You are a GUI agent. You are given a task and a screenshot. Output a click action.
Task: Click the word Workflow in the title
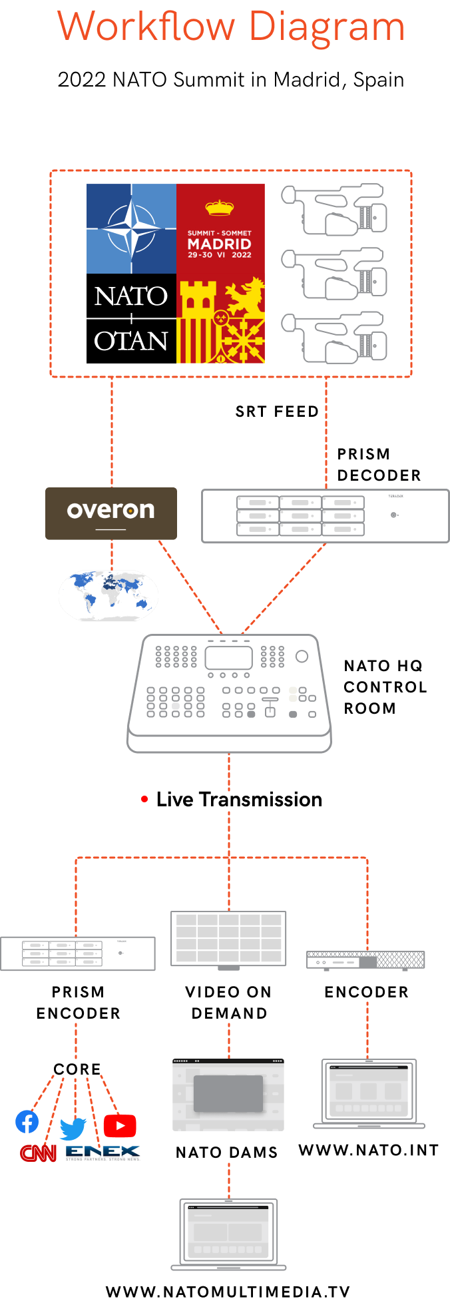[146, 27]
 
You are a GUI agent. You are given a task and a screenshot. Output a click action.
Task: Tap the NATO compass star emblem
[131, 228]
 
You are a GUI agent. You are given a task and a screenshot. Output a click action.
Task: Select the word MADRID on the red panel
[220, 244]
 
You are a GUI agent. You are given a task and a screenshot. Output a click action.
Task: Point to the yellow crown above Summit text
[220, 208]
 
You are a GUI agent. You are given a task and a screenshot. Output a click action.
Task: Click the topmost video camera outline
[334, 209]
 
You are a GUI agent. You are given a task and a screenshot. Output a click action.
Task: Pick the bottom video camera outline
[334, 338]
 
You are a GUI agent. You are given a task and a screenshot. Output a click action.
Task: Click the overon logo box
[111, 513]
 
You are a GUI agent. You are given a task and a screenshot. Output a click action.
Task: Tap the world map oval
[109, 595]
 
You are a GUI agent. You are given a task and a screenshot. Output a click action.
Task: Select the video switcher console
[229, 692]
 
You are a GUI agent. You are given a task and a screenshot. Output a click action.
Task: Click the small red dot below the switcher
[144, 799]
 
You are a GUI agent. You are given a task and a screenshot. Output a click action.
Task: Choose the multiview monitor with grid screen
[228, 939]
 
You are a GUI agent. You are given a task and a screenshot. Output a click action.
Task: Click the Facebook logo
[27, 1122]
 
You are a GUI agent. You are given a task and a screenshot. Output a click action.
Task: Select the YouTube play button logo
[120, 1126]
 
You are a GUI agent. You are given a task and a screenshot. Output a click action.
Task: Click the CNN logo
[39, 1153]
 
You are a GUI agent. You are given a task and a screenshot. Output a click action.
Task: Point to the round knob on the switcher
[302, 656]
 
